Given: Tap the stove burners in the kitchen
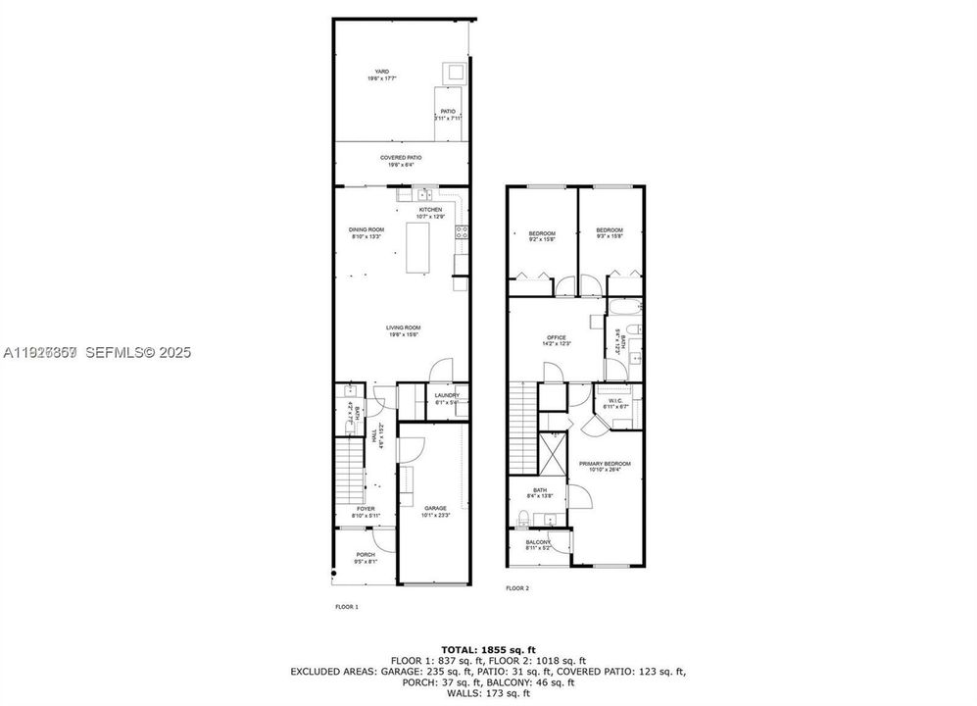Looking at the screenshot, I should click(x=461, y=232).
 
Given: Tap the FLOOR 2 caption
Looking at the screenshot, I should click(x=516, y=588).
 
